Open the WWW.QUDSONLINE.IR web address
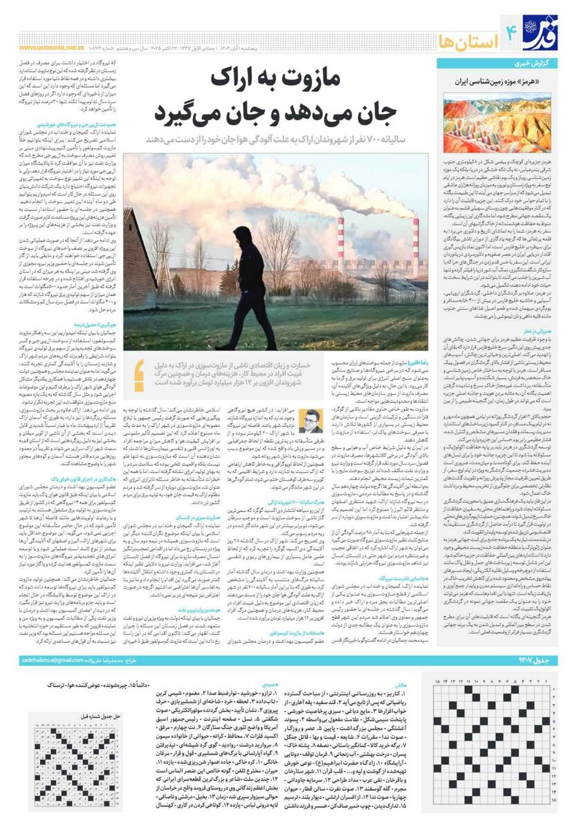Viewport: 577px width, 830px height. click(x=48, y=48)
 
